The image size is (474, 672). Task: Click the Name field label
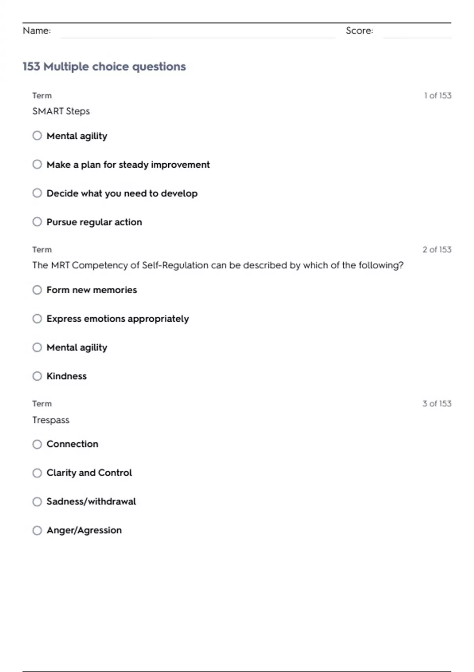pyautogui.click(x=37, y=30)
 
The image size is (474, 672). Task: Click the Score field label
pyautogui.click(x=359, y=30)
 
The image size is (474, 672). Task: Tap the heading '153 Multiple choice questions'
pyautogui.click(x=104, y=66)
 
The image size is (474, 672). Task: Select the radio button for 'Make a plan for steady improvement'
pyautogui.click(x=37, y=164)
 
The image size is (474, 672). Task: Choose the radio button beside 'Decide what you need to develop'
pyautogui.click(x=37, y=193)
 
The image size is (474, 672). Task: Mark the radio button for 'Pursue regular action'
pyautogui.click(x=37, y=222)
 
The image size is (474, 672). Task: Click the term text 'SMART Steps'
pyautogui.click(x=61, y=111)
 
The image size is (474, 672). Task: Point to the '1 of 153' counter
pyautogui.click(x=437, y=95)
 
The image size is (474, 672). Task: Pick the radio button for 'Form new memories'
pyautogui.click(x=37, y=290)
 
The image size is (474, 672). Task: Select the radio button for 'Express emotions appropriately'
pyautogui.click(x=37, y=319)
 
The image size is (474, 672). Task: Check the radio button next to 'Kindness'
pyautogui.click(x=37, y=376)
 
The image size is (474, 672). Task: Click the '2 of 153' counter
pyautogui.click(x=436, y=249)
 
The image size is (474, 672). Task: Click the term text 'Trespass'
pyautogui.click(x=51, y=420)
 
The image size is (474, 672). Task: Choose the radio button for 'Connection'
pyautogui.click(x=37, y=444)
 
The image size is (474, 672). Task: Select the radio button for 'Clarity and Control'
pyautogui.click(x=37, y=473)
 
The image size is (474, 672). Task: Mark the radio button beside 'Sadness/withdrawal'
pyautogui.click(x=37, y=502)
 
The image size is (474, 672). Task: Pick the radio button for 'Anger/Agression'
pyautogui.click(x=37, y=530)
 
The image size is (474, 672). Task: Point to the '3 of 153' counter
pyautogui.click(x=436, y=404)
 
